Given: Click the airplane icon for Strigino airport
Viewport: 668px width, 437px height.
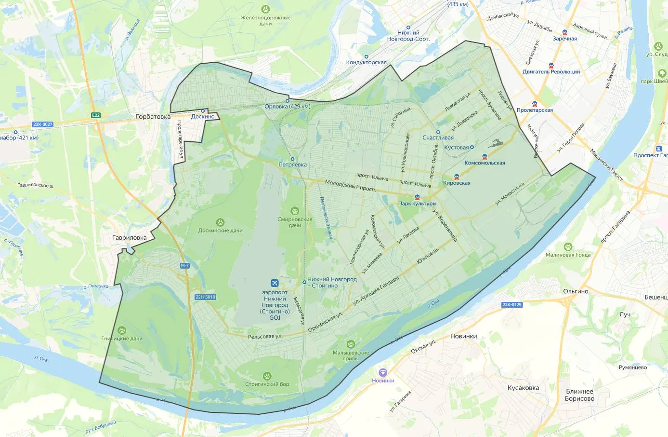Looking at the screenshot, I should pyautogui.click(x=275, y=283).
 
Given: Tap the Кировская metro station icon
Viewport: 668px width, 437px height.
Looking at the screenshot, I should pyautogui.click(x=457, y=177).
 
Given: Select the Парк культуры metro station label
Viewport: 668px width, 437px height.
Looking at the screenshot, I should pyautogui.click(x=417, y=204).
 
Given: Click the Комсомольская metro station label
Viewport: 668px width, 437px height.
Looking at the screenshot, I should pyautogui.click(x=485, y=163).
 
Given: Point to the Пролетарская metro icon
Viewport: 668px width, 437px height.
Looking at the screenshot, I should pyautogui.click(x=535, y=104).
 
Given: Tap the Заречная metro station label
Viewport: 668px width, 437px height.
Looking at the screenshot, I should pyautogui.click(x=564, y=39).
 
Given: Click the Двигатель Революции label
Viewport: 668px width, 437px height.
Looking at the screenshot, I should pyautogui.click(x=551, y=72).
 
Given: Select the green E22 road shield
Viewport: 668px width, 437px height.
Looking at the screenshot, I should pyautogui.click(x=96, y=115).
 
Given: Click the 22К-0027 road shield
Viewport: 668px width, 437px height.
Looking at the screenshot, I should pyautogui.click(x=42, y=124).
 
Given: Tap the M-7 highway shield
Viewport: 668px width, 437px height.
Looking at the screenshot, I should pyautogui.click(x=185, y=266).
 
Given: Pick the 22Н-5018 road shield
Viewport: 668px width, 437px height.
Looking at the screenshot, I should pyautogui.click(x=205, y=297).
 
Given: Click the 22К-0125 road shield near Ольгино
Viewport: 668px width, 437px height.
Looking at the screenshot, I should pyautogui.click(x=512, y=305).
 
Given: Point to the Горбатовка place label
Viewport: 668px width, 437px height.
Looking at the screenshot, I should pyautogui.click(x=153, y=117).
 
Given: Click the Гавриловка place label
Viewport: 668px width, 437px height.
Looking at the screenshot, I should pyautogui.click(x=129, y=238).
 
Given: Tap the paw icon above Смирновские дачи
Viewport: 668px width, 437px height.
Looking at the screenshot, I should pyautogui.click(x=295, y=211).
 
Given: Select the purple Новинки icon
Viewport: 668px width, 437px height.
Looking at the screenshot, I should pyautogui.click(x=383, y=372).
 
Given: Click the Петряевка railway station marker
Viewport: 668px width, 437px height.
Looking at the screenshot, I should pyautogui.click(x=292, y=159).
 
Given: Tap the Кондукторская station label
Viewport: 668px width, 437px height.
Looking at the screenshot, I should pyautogui.click(x=366, y=63).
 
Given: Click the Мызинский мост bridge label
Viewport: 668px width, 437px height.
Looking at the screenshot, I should pyautogui.click(x=606, y=165).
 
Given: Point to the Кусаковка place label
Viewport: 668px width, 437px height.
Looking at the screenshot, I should pyautogui.click(x=523, y=388).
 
